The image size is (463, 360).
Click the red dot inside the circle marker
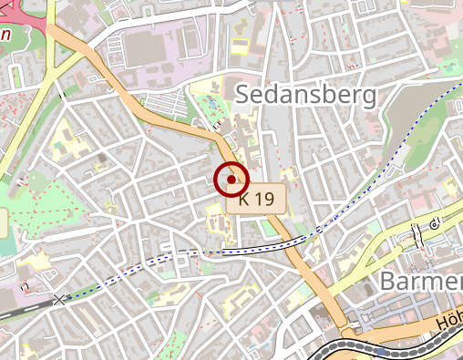[x=231, y=180]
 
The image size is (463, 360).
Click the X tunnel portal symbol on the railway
[x=61, y=298]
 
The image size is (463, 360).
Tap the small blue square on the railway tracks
[x=377, y=348]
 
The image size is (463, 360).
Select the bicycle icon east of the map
[x=436, y=221]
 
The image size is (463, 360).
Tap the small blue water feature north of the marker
[x=215, y=116]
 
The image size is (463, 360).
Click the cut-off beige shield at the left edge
[x=3, y=220]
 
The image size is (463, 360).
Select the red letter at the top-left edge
[x=5, y=36]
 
